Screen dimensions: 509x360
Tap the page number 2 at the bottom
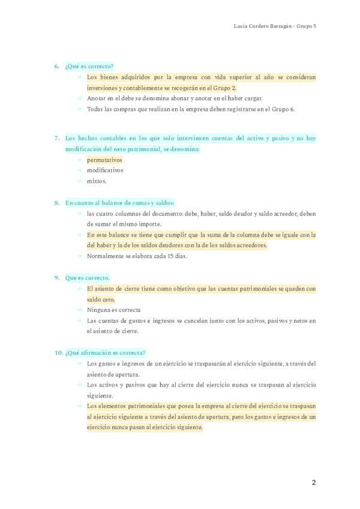click(x=313, y=483)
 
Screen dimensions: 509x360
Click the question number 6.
click(x=56, y=67)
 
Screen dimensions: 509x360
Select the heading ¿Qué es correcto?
click(x=89, y=67)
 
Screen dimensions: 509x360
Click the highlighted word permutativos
click(x=104, y=160)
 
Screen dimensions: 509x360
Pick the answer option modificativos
click(x=105, y=170)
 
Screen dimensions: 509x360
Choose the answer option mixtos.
click(x=97, y=181)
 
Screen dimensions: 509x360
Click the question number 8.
click(x=56, y=203)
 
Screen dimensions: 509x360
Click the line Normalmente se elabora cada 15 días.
click(x=137, y=256)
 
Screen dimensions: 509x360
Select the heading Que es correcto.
click(x=88, y=278)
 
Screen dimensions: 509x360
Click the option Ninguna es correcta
click(x=114, y=310)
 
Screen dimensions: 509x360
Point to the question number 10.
click(x=58, y=353)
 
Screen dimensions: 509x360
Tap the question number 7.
click(x=56, y=138)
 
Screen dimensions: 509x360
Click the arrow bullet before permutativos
click(x=79, y=160)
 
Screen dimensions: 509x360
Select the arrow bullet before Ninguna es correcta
click(x=79, y=310)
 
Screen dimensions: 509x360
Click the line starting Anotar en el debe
click(x=174, y=98)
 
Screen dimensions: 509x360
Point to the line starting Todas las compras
click(x=191, y=109)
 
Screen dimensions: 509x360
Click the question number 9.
click(x=56, y=278)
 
